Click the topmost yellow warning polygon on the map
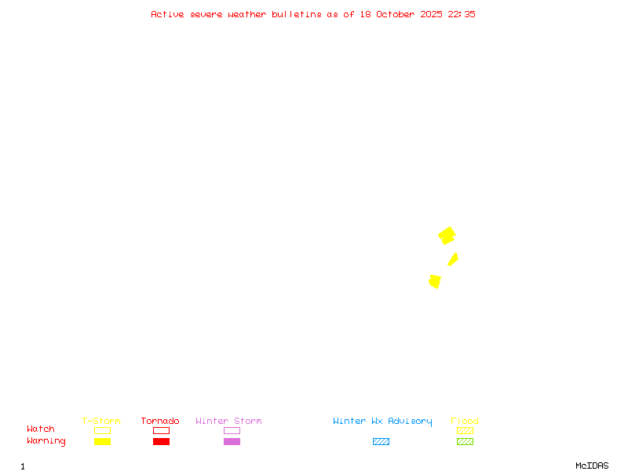447,235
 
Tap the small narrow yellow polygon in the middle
453,259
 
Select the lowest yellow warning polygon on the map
435,281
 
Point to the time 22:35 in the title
462,14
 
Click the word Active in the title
168,14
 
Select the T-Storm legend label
101,422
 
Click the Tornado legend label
160,422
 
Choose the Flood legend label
465,422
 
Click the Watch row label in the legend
41,429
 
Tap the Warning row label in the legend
46,441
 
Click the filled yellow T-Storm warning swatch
102,442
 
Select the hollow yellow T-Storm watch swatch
102,430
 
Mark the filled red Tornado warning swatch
161,442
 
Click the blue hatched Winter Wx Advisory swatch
381,442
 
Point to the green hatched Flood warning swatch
465,442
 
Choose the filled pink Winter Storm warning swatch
232,442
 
